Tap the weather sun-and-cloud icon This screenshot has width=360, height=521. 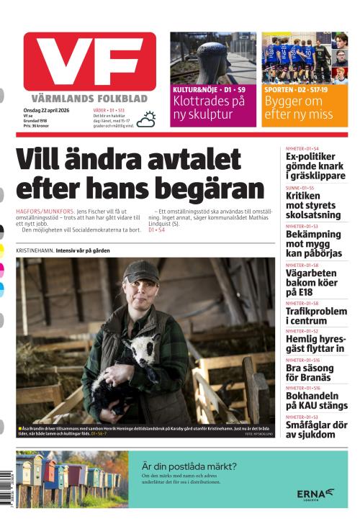147,119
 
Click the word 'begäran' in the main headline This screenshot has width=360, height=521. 212,188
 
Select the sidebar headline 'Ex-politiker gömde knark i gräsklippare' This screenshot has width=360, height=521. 315,166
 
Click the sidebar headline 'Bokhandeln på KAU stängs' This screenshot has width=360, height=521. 315,401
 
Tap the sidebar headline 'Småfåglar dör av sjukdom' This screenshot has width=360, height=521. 315,430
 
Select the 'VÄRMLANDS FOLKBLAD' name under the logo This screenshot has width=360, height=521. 89,98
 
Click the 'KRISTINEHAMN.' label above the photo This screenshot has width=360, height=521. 35,250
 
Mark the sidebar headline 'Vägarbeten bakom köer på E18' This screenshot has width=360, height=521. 315,282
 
